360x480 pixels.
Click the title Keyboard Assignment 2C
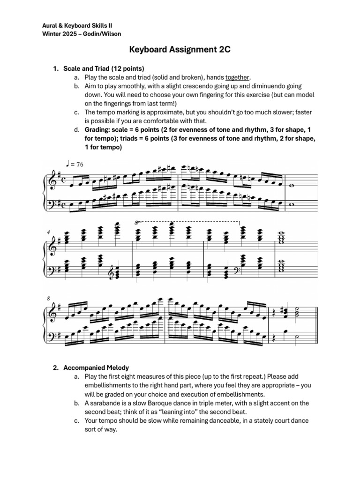[x=180, y=50]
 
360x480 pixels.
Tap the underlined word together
[x=237, y=77]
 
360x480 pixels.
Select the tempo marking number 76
[x=81, y=164]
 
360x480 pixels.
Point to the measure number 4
[x=48, y=232]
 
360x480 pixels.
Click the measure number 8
[x=48, y=298]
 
